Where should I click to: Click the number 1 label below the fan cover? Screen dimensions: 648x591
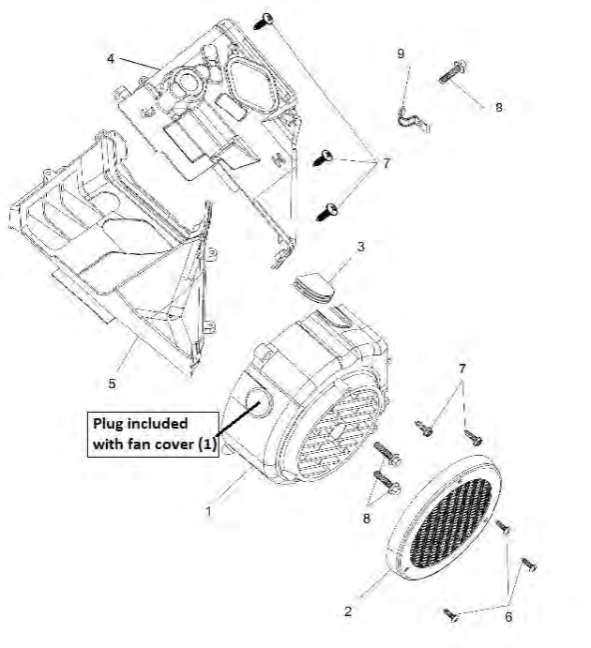tap(208, 512)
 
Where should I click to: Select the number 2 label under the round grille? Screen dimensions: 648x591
tap(348, 611)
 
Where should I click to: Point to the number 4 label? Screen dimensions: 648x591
tap(111, 58)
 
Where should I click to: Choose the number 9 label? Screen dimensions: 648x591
tap(401, 54)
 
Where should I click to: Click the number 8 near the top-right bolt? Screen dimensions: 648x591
tap(498, 108)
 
